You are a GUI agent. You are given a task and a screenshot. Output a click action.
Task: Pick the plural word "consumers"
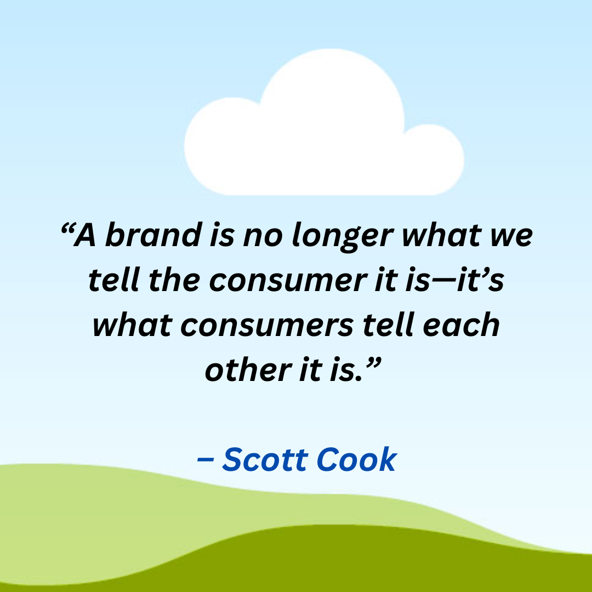point(267,325)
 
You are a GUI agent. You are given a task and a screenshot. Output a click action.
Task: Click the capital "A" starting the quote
point(86,236)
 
